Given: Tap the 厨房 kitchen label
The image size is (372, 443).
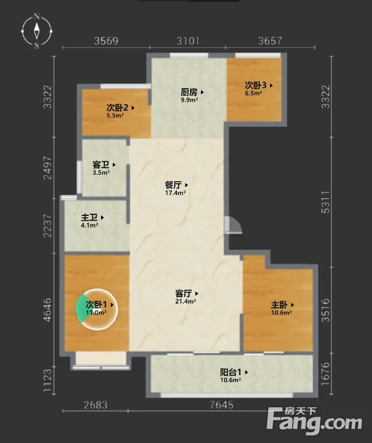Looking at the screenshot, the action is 189,92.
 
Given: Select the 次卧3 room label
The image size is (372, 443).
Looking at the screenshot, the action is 255,85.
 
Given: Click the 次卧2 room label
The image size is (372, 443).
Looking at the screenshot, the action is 117,107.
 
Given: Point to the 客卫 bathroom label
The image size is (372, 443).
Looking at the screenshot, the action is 101,165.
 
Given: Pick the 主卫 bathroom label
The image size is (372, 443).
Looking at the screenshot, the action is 89,217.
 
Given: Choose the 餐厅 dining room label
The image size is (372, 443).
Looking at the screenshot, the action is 173,185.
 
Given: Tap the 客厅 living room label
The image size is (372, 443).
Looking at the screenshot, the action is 183,293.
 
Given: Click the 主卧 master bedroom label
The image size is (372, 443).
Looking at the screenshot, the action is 280,305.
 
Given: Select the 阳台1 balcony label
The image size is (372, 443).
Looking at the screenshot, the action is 231,372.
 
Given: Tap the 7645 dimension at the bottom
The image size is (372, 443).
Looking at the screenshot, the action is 222,405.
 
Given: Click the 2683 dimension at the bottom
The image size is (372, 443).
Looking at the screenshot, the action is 96,405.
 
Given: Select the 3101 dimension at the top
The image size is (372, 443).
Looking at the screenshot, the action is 188,41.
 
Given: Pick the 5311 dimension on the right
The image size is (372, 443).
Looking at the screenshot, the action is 325,202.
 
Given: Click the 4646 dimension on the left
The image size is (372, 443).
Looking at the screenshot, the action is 48,310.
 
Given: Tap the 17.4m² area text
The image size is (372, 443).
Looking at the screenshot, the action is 175,193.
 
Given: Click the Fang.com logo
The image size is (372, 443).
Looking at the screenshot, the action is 314,421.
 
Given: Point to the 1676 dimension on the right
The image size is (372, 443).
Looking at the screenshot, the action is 325,374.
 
